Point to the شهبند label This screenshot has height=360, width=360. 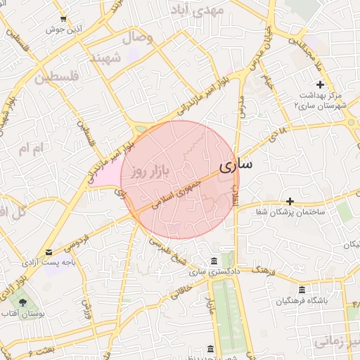112,57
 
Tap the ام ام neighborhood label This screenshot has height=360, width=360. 32,148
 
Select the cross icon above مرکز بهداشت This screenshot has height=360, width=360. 320,84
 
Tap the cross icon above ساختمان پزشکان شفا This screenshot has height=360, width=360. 290,201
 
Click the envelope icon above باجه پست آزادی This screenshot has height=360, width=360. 49,252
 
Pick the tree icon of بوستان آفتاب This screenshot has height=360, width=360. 23,303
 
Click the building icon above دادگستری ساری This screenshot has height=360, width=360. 214,261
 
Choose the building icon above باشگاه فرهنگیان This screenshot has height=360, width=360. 302,290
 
